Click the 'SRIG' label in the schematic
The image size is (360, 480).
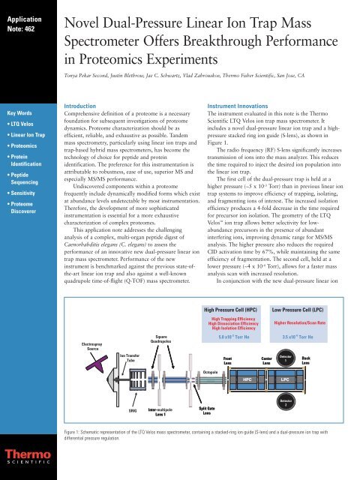(133, 411)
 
